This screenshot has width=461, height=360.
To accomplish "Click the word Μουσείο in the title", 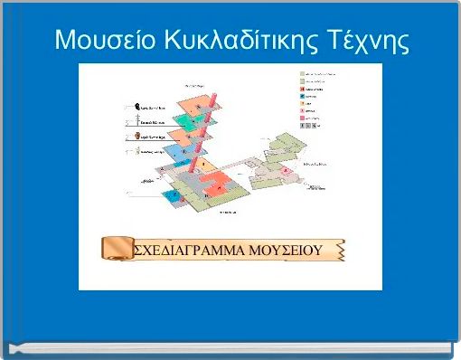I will click(99, 41).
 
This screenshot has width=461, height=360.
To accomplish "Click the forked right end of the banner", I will click(341, 250).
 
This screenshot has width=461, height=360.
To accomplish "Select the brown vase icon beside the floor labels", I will click(136, 137).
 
